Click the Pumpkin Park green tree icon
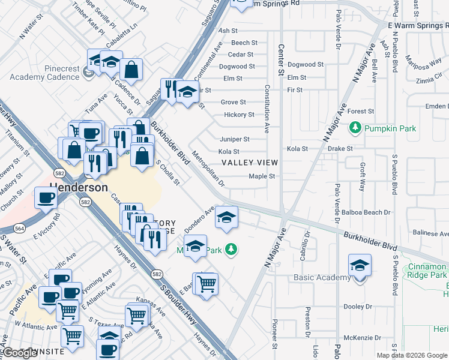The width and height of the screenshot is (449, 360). [355, 128]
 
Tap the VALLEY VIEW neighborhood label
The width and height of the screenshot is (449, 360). [250, 163]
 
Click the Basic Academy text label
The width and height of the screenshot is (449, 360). [322, 277]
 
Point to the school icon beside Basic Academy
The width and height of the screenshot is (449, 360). [360, 265]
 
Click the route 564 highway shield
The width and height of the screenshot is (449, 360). [20, 228]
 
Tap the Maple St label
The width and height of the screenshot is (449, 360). [262, 176]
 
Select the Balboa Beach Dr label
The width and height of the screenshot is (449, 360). [370, 212]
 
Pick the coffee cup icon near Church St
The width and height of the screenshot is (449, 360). [45, 197]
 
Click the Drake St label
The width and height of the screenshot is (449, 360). [340, 148]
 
